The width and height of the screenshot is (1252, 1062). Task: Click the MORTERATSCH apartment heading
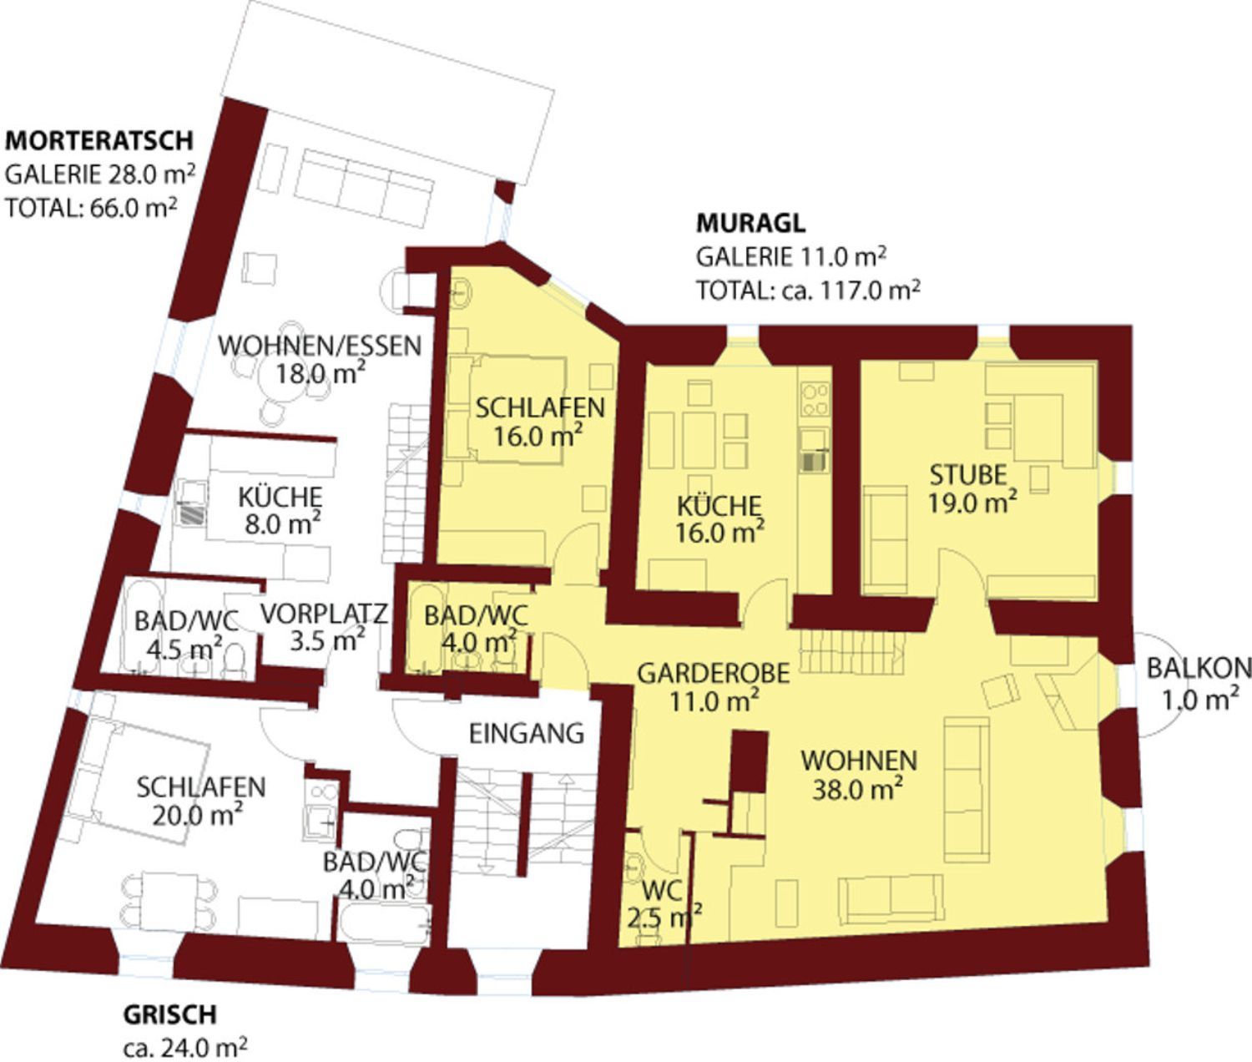pos(99,140)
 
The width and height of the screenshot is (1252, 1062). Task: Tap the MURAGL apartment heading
pos(750,224)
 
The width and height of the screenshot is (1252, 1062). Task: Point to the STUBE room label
pos(968,475)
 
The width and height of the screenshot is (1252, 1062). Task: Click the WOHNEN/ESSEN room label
pos(320,346)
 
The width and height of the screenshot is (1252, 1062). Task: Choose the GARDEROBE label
pos(714,674)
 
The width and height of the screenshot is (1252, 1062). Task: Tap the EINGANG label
pos(527,734)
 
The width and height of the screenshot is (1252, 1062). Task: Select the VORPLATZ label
pos(324,614)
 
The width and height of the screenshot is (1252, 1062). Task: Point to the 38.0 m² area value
pos(858,789)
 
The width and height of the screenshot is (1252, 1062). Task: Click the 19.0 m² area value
pos(972,503)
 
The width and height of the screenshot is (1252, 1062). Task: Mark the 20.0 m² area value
pos(198,816)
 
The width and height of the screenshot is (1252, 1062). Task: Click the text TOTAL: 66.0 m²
pos(92,208)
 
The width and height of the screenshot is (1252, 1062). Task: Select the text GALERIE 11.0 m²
pos(791,257)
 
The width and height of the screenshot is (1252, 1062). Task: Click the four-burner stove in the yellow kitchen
pos(815,398)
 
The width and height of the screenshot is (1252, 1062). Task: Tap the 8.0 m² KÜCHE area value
pos(282,523)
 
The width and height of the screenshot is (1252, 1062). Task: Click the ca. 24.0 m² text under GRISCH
pos(184,1046)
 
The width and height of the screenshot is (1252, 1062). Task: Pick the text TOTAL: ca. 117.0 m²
pos(808,291)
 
